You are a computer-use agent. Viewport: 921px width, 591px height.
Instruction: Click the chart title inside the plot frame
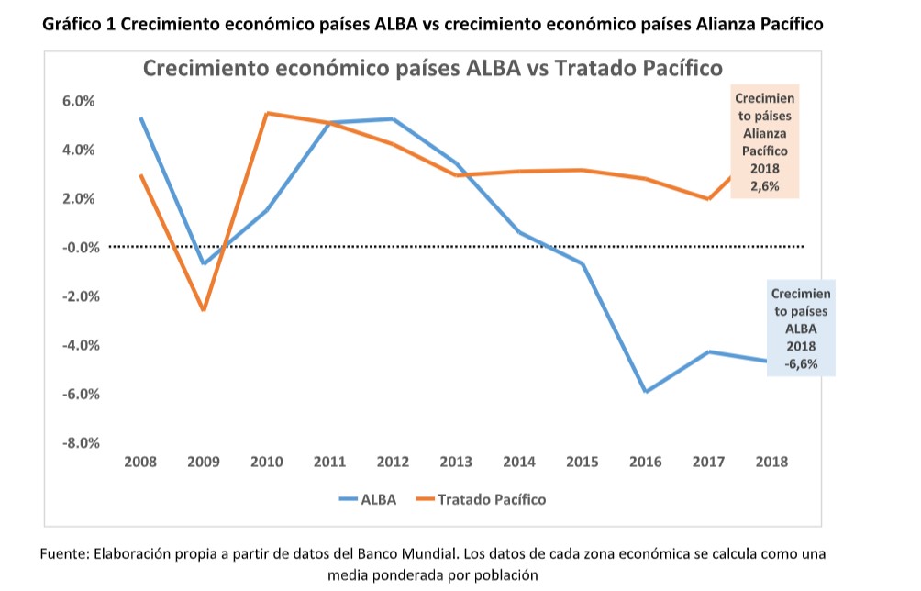point(432,68)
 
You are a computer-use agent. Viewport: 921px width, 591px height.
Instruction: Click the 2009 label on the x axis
point(203,463)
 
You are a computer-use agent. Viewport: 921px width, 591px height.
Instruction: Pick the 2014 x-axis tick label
point(519,463)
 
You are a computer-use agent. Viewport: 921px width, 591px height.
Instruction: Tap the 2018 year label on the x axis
point(771,463)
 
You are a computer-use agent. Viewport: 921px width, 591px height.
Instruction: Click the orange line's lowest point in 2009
point(204,310)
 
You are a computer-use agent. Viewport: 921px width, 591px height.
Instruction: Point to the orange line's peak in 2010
point(267,113)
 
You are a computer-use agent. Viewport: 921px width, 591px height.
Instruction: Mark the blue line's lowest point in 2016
point(646,391)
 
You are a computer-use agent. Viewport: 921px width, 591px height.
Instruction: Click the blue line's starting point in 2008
point(140,118)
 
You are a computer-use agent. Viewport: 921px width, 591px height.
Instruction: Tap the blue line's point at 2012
point(393,119)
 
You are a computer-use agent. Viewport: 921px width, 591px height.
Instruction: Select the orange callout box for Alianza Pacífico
point(764,142)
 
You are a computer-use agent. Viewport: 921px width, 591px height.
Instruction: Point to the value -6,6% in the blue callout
point(801,362)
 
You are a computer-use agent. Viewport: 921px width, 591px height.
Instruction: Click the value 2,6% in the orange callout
point(765,185)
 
